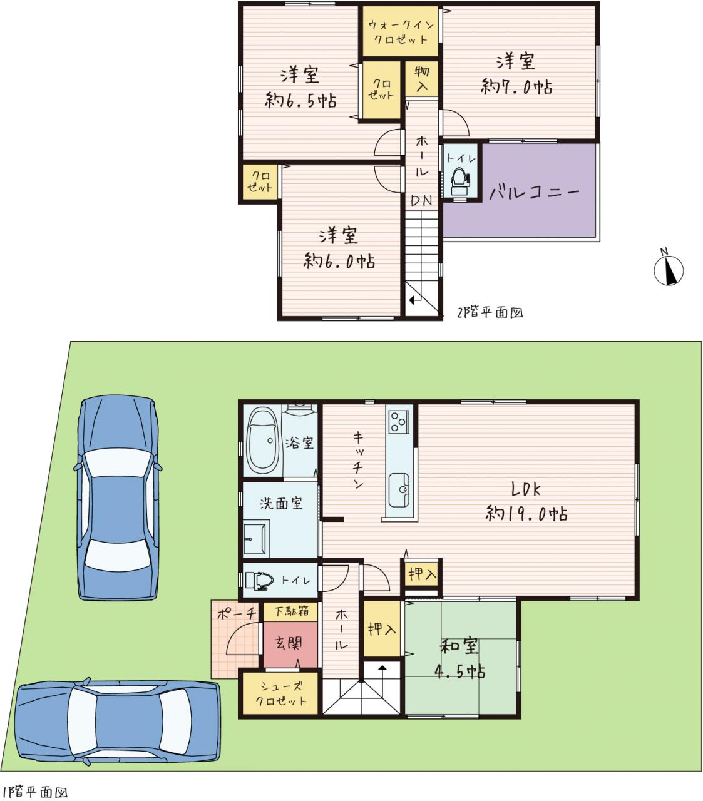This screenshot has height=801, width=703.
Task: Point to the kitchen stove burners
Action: (399, 422)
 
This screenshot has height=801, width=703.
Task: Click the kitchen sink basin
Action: (399, 489)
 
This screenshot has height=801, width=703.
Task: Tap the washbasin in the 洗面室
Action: (255, 538)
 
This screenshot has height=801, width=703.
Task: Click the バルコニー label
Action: (535, 192)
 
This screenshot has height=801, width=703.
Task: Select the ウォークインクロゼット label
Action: (401, 32)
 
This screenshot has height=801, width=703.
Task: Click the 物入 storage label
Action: (422, 78)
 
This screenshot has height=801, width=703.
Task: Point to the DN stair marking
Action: (421, 202)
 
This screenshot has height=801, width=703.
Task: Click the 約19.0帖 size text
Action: (526, 514)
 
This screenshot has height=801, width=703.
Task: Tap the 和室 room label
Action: (459, 646)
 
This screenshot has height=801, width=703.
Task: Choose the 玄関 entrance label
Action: (289, 643)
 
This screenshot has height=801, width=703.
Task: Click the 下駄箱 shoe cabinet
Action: (290, 612)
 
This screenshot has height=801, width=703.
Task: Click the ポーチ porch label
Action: (236, 614)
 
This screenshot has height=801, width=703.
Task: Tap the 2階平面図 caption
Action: (490, 313)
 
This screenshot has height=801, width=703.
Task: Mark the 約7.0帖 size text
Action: (516, 86)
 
